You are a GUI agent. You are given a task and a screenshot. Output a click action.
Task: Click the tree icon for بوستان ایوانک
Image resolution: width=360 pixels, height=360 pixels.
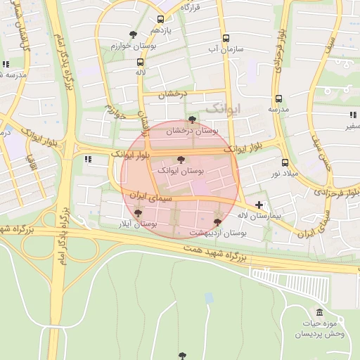tap(181, 160)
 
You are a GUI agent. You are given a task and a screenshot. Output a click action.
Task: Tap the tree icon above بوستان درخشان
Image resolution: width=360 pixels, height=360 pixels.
tap(193, 120)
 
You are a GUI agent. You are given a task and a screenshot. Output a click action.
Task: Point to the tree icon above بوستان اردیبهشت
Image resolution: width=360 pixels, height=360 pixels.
tap(217, 221)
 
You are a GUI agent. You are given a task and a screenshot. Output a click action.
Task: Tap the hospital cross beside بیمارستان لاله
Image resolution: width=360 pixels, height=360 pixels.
tap(259, 205)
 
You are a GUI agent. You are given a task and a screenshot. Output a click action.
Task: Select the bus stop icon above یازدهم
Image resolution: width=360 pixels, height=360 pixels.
tap(161, 20)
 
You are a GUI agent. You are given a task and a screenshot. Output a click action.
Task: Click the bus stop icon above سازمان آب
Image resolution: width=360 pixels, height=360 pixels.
tap(226, 39)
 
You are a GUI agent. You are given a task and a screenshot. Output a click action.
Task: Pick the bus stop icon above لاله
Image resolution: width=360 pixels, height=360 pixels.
tap(141, 62)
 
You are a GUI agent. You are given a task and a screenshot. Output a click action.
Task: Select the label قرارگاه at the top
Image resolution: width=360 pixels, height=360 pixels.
tap(191, 6)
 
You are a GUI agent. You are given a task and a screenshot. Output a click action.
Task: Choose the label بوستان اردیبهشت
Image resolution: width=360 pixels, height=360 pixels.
tap(215, 232)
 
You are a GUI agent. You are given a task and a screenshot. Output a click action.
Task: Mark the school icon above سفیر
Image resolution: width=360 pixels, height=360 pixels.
tap(352, 115)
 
